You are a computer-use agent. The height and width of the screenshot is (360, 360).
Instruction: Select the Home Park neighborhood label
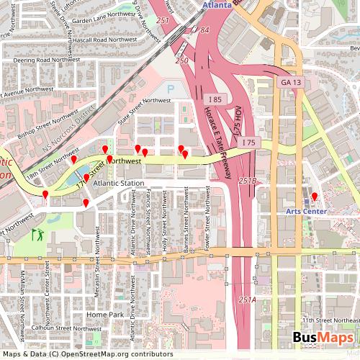pos(105,315)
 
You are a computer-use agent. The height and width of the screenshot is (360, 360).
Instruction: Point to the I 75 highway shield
pos(248,143)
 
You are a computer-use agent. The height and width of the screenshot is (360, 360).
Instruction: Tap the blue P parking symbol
pos(171,89)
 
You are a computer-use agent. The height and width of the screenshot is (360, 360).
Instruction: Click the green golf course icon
pos(37,234)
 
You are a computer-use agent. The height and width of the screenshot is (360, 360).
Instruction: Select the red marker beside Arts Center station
pos(314,196)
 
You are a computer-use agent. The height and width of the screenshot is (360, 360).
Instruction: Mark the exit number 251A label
pos(247,300)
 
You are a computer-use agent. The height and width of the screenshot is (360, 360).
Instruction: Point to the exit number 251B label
pos(247,181)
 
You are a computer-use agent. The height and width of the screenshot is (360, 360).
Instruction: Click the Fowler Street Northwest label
pos(207,227)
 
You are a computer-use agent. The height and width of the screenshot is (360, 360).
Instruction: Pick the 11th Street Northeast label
pos(330,319)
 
